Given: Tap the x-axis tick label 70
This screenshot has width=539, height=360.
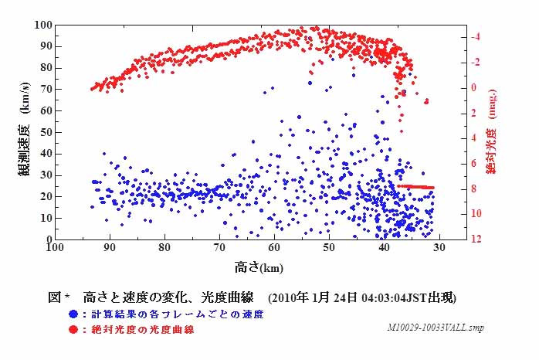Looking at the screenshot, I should (x=219, y=249).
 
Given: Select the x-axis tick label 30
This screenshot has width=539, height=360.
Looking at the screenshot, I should (x=439, y=249).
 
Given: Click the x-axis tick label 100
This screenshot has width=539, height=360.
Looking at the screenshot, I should (x=54, y=249).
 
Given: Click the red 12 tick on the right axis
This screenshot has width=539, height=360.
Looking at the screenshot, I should (x=478, y=239).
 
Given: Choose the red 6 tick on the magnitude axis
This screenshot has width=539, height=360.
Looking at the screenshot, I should (x=478, y=163).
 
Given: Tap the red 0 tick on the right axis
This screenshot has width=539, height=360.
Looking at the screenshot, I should (x=478, y=87).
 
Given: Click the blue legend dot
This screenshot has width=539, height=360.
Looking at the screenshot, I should (x=72, y=314).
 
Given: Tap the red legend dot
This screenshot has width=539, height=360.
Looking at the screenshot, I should (x=72, y=330).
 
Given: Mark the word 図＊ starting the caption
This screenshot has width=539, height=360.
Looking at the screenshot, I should (x=59, y=297).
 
